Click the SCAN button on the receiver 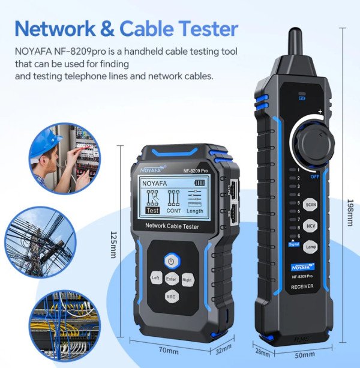tap(311, 205)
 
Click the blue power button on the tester tap(172, 262)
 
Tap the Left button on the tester tap(155, 279)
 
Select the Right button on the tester tap(187, 279)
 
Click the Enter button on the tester tap(172, 279)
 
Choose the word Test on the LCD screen tap(153, 210)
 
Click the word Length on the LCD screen tap(194, 211)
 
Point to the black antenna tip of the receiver tap(296, 40)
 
